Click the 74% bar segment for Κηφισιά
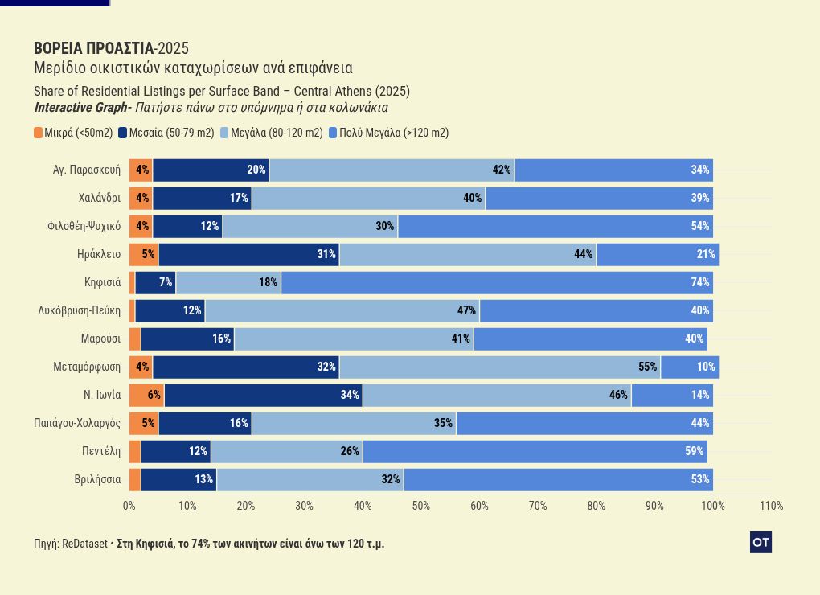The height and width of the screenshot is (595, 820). click(497, 282)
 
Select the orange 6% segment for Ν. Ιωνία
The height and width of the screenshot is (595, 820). click(146, 395)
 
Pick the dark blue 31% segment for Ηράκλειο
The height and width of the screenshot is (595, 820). click(248, 254)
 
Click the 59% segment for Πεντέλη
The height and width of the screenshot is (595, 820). click(535, 451)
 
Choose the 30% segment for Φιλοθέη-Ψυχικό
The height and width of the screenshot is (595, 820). click(310, 226)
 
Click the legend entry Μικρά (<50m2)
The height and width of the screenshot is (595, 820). click(73, 133)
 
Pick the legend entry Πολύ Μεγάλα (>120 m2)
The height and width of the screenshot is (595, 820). click(389, 133)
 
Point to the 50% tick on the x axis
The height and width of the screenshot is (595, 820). click(421, 506)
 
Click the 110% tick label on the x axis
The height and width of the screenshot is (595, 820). click(771, 506)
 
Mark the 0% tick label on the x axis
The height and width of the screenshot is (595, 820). click(129, 506)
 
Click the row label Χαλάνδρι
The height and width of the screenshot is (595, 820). click(100, 198)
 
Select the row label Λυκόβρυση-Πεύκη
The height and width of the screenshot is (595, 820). click(80, 310)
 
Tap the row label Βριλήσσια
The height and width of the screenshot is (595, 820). click(97, 479)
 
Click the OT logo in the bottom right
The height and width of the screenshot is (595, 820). click(761, 543)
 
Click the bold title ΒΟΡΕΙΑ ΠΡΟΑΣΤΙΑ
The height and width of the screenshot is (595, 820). click(93, 48)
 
